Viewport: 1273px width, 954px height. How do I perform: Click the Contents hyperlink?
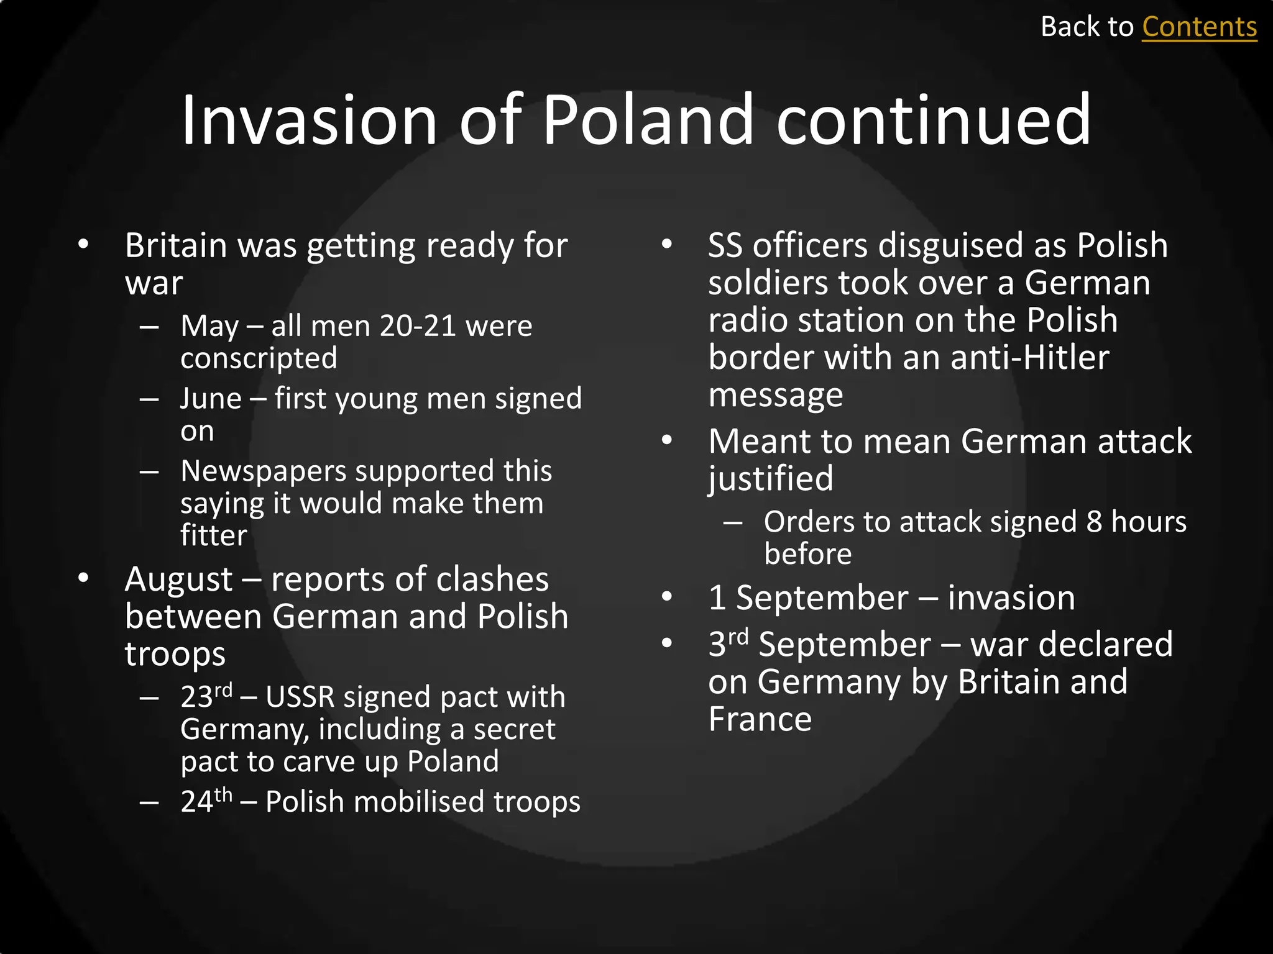(x=1199, y=27)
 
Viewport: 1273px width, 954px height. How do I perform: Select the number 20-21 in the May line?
(x=418, y=326)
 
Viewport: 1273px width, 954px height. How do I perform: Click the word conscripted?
(x=259, y=358)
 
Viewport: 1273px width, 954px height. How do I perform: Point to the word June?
(x=211, y=399)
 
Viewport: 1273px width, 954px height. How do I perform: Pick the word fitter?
(x=213, y=535)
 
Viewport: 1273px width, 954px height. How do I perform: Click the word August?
(x=179, y=580)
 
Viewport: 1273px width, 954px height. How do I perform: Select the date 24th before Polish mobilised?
(x=206, y=801)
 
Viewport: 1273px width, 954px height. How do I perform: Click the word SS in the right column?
(x=725, y=245)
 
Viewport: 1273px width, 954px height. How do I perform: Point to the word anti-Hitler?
(x=1029, y=358)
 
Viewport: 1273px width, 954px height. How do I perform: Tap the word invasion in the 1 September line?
(x=1011, y=598)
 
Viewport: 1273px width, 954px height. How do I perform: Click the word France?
(x=760, y=719)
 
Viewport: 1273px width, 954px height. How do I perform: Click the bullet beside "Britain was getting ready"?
(x=83, y=245)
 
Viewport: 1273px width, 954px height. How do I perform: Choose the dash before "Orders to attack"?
(x=733, y=522)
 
